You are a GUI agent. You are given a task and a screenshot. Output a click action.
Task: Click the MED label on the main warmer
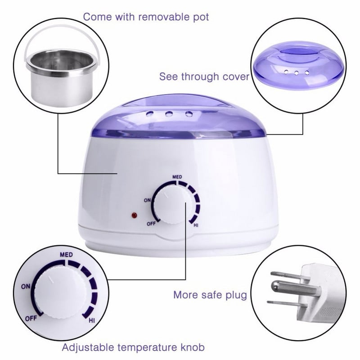coord(176,177)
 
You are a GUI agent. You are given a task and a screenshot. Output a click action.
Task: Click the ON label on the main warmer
coord(148,201)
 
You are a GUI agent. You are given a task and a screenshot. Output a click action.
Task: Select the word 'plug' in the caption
coord(237,295)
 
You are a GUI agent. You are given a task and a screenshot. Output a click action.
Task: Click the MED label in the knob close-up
coord(66,255)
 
